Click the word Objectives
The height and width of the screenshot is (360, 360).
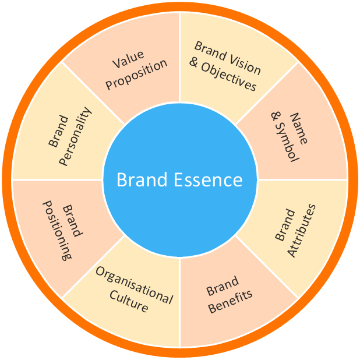tap(229, 79)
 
